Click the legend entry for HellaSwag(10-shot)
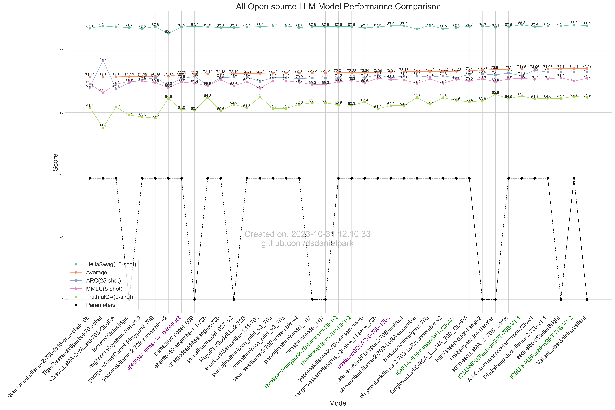(x=111, y=264)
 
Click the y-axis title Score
(x=55, y=162)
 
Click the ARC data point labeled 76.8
(x=103, y=60)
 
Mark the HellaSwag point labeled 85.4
(x=168, y=33)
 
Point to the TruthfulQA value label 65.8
(x=495, y=93)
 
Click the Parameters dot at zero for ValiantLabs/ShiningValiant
(x=587, y=299)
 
